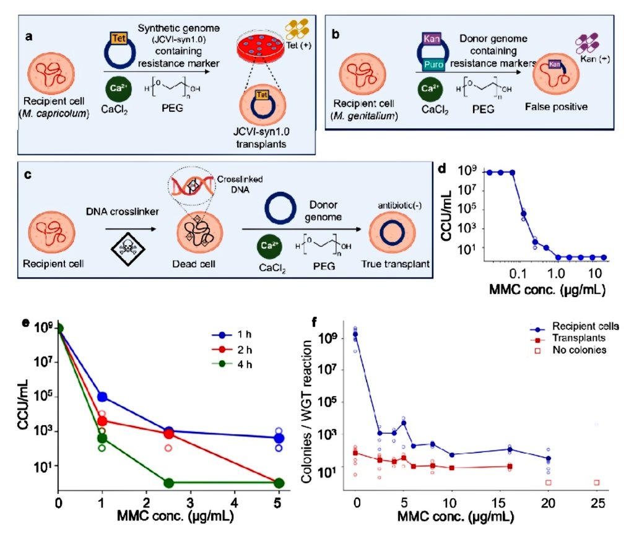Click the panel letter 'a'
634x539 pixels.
click(28, 37)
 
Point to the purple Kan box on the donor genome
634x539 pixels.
click(431, 38)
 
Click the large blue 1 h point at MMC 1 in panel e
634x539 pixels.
click(102, 397)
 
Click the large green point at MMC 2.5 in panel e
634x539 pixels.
click(168, 483)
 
